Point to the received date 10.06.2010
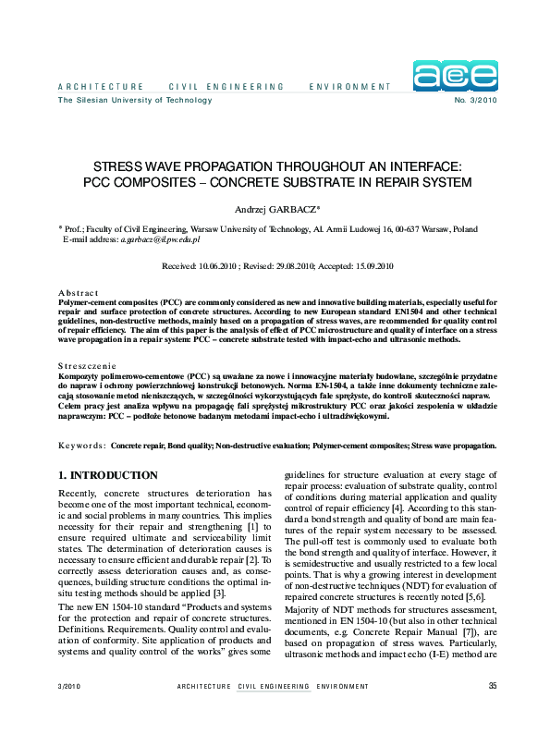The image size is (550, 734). coord(221,266)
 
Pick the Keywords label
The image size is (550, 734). coord(81,446)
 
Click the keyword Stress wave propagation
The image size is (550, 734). coord(452,446)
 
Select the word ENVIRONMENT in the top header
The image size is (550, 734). coord(350,87)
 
